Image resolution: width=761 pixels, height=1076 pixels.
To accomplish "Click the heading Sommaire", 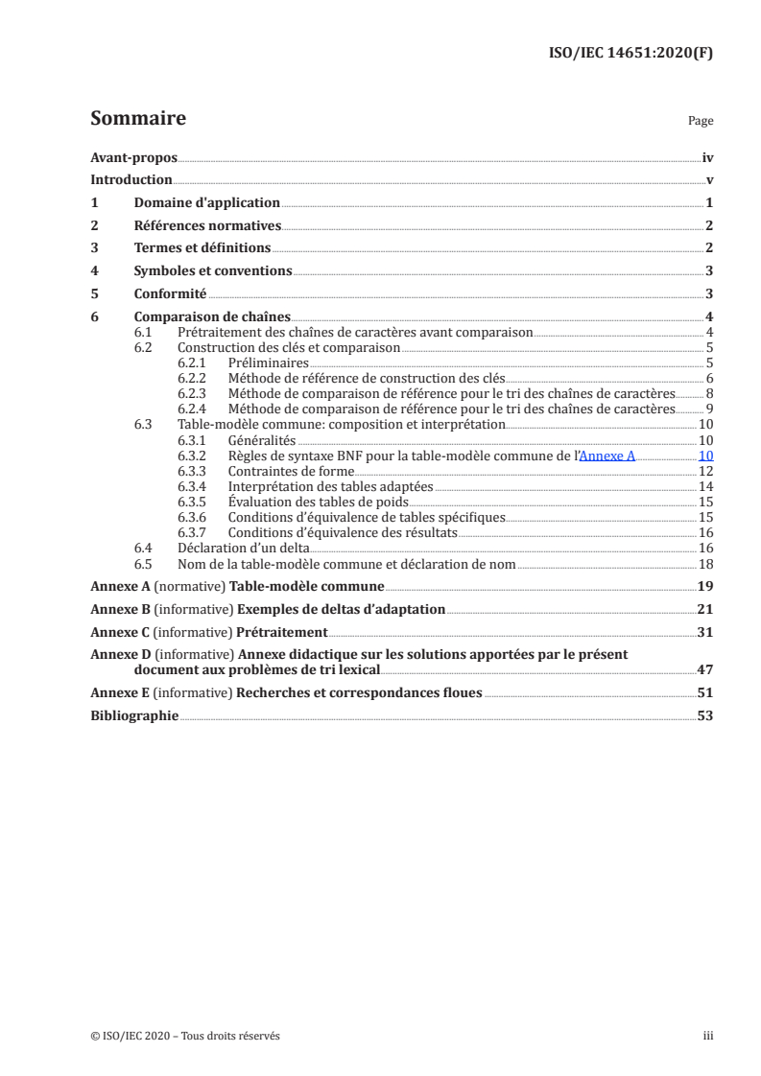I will tap(137, 119).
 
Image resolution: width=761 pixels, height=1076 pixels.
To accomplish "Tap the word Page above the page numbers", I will tap(700, 122).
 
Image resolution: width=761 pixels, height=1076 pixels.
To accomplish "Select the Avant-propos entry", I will tap(133, 157).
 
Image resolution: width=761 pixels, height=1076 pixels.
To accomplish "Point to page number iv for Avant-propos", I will tap(707, 157).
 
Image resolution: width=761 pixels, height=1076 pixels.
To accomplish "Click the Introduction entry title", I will tap(131, 180).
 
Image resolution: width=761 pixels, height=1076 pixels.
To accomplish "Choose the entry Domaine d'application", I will tap(206, 203).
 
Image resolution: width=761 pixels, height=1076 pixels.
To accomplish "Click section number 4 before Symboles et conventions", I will tap(94, 271).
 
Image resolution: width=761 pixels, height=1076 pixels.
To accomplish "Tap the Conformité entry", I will tap(170, 294).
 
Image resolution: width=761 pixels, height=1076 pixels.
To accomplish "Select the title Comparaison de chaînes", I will tap(211, 317).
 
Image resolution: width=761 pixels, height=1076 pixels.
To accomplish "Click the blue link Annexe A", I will tap(607, 456).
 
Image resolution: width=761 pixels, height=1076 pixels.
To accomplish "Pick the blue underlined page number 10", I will tap(705, 456).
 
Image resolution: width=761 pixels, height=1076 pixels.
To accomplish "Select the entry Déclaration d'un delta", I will tap(243, 549).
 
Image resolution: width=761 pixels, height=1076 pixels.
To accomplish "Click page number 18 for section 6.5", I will tap(705, 564).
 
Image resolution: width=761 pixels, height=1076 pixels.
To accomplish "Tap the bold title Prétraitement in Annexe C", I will tap(285, 633).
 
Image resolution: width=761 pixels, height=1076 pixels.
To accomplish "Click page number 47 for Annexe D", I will tap(705, 670).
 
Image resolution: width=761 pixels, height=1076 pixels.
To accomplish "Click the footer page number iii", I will tap(708, 1036).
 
